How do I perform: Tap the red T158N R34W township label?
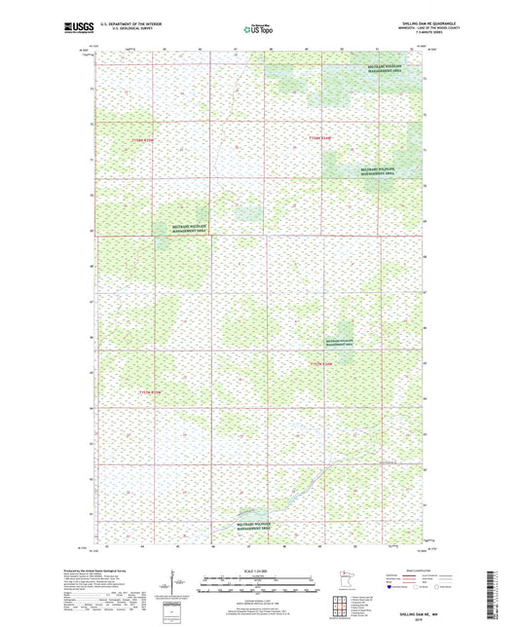tap(321, 139)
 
